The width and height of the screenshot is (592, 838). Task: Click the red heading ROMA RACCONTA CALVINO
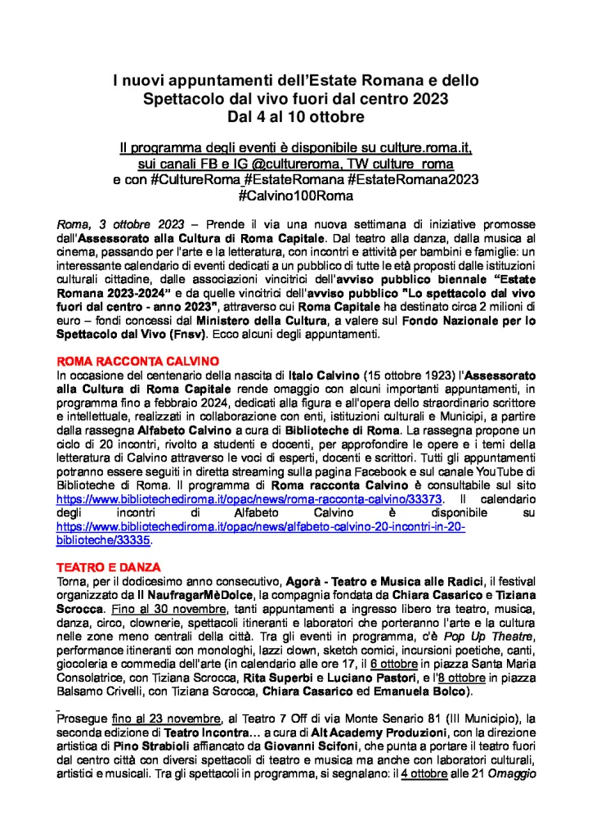pos(121,358)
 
